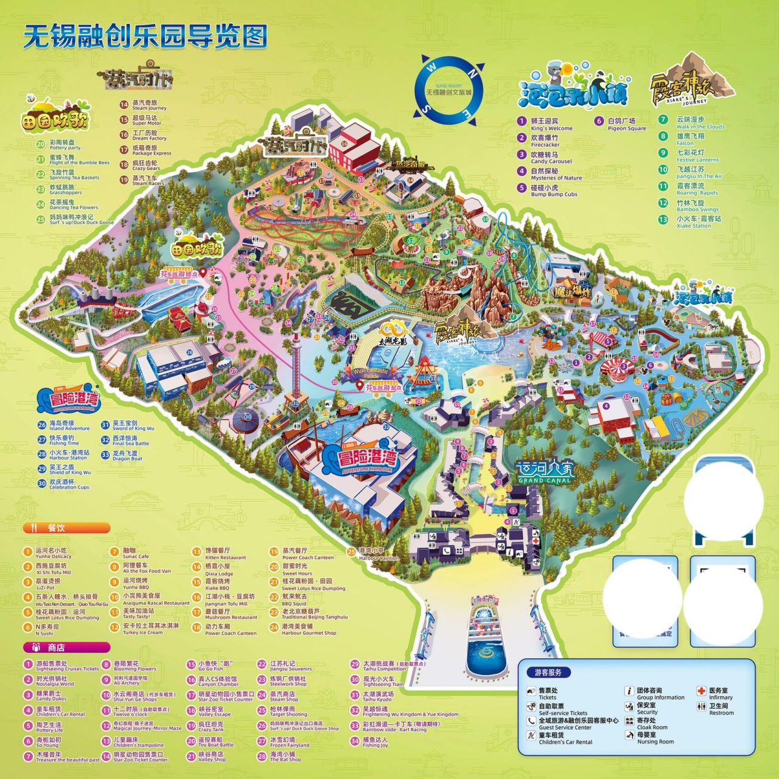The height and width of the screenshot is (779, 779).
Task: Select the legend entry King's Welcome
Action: click(545, 124)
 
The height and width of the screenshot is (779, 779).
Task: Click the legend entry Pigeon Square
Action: click(621, 124)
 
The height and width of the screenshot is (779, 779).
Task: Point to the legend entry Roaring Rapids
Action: click(691, 189)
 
